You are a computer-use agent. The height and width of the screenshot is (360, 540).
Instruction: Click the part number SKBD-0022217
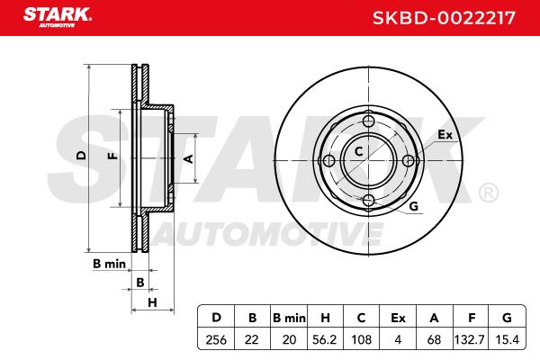pyautogui.click(x=444, y=18)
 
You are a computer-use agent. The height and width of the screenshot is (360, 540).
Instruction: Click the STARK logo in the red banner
pyautogui.click(x=58, y=17)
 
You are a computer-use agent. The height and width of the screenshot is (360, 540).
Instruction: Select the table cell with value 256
pyautogui.click(x=216, y=339)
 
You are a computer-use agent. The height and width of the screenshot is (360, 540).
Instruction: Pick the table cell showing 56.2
pyautogui.click(x=324, y=339)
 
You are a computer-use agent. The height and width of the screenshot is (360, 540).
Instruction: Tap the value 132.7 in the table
pyautogui.click(x=470, y=339)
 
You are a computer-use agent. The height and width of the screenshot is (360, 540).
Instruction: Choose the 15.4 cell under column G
pyautogui.click(x=507, y=339)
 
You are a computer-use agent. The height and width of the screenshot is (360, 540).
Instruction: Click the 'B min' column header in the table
pyautogui.click(x=289, y=318)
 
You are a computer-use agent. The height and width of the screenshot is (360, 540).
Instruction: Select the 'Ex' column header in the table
pyautogui.click(x=398, y=318)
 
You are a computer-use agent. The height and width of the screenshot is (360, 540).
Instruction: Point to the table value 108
pyautogui.click(x=361, y=339)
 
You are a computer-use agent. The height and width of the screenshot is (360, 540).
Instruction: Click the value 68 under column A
pyautogui.click(x=434, y=339)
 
